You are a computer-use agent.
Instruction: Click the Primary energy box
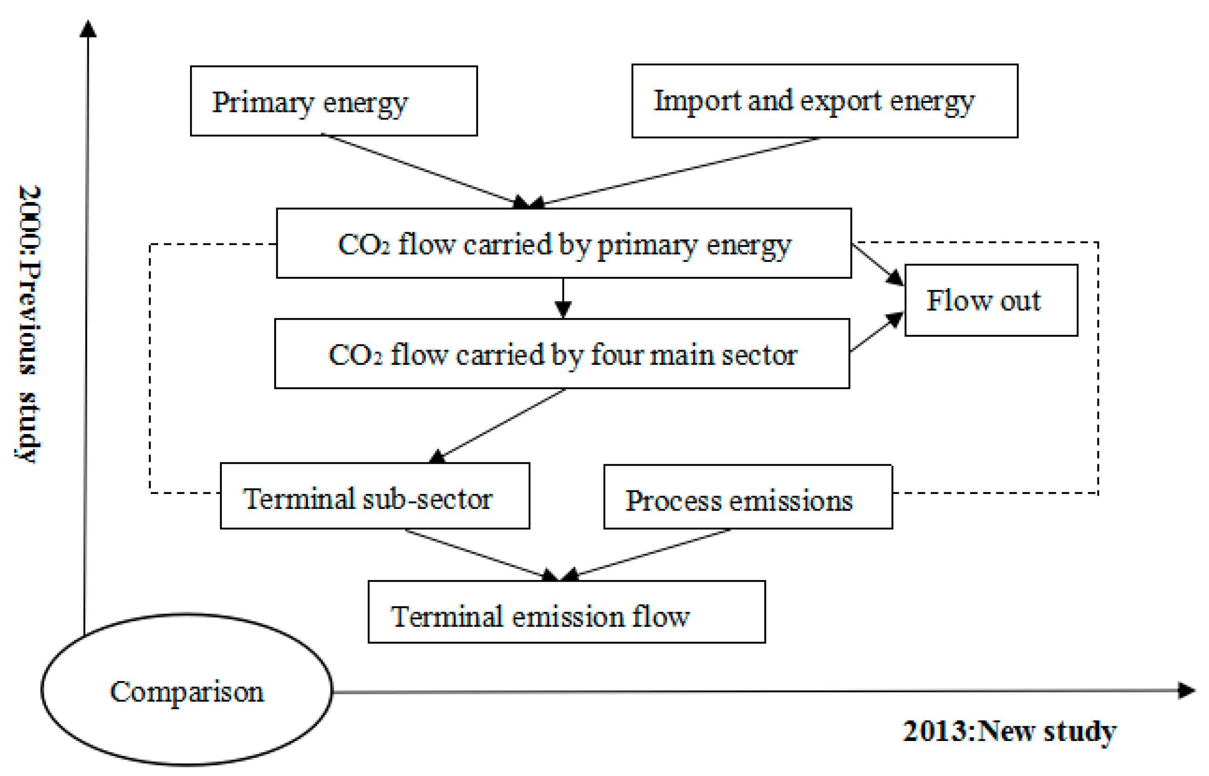333,101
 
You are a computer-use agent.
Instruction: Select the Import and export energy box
824,101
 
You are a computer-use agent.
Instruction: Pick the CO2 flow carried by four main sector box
562,354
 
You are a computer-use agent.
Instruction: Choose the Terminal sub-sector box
375,496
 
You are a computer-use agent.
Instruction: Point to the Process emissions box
748,497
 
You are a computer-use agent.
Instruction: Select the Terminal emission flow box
567,612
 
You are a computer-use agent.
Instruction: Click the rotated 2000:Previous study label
29,323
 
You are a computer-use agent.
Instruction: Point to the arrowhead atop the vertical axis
88,29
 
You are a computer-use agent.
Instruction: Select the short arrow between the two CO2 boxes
562,298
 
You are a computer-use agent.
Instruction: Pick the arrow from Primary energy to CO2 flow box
423,169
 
